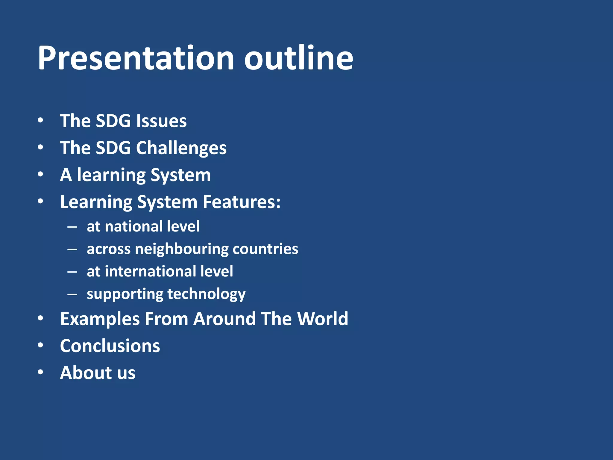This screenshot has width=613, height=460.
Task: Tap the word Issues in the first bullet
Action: tap(161, 121)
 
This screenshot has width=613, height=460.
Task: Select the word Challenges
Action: tap(181, 148)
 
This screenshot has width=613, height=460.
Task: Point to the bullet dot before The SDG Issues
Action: tap(41, 120)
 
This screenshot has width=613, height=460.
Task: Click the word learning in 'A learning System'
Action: tap(111, 175)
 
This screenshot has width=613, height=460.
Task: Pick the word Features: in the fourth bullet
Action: tap(242, 202)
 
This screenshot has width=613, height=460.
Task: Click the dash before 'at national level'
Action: tap(72, 227)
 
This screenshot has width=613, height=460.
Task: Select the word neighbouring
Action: tap(181, 249)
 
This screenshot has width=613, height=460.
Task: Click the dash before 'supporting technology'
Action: tap(72, 294)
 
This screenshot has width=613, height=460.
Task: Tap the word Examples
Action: tap(100, 319)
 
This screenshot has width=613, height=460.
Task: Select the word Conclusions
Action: tap(110, 346)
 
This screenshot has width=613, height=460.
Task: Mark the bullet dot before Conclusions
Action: tap(41, 345)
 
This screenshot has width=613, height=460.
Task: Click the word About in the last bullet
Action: tap(86, 373)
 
